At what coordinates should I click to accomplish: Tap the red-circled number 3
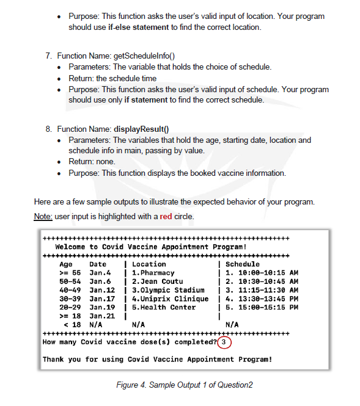tap(226, 342)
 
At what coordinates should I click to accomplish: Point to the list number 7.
tap(48, 56)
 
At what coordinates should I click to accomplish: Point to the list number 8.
tap(48, 129)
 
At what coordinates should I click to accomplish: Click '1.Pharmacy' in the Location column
tap(153, 273)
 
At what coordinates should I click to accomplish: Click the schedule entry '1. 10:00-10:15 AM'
tap(262, 273)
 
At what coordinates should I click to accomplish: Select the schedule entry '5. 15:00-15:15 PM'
tap(262, 307)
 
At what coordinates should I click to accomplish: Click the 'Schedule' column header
tap(243, 264)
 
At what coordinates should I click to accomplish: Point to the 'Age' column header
tap(65, 264)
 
